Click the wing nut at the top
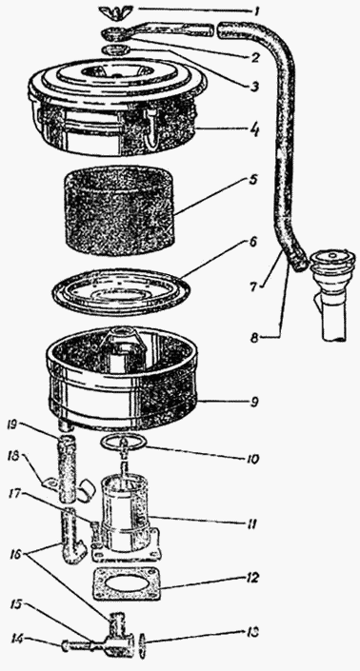click(x=110, y=11)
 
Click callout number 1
click(x=256, y=10)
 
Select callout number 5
click(x=254, y=180)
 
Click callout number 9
click(x=254, y=403)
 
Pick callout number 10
click(x=251, y=459)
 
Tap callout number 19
click(x=12, y=424)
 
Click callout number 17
click(x=13, y=495)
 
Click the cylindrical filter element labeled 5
click(x=119, y=210)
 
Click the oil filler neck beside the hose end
click(x=333, y=294)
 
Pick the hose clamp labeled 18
click(x=51, y=484)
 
